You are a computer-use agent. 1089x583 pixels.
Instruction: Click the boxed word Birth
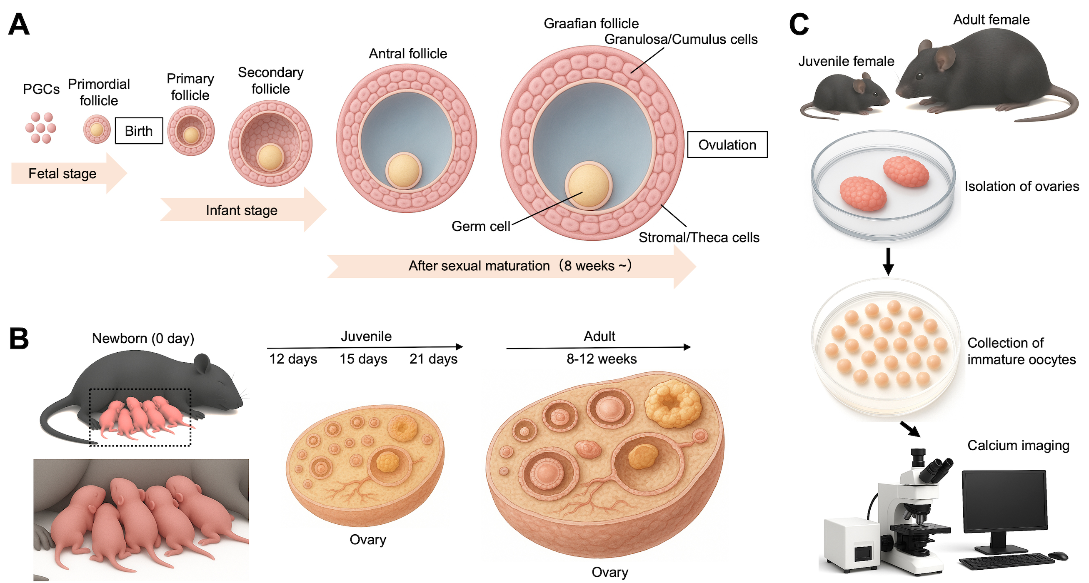point(139,131)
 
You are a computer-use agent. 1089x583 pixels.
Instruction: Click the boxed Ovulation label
point(727,145)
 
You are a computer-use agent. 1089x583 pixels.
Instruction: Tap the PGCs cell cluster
point(40,127)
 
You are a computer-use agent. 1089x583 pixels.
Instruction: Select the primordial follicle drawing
point(96,129)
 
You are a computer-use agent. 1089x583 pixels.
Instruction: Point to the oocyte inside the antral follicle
point(403,170)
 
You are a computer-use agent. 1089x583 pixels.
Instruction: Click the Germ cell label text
point(481,227)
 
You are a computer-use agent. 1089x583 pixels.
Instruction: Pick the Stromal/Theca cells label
point(698,237)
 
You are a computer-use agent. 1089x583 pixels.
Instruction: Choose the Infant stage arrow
point(242,210)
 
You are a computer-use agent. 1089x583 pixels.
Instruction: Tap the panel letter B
point(19,339)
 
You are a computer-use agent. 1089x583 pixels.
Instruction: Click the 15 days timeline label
point(363,359)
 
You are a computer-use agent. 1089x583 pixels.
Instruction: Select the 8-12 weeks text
point(601,359)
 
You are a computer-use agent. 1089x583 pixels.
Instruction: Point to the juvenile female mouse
point(846,95)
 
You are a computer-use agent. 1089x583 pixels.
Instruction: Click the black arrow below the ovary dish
point(888,261)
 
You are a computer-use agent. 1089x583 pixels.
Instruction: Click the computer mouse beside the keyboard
point(1058,555)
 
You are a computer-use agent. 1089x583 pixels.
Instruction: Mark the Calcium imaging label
point(1018,445)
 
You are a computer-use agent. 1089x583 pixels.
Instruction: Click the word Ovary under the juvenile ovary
point(368,540)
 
